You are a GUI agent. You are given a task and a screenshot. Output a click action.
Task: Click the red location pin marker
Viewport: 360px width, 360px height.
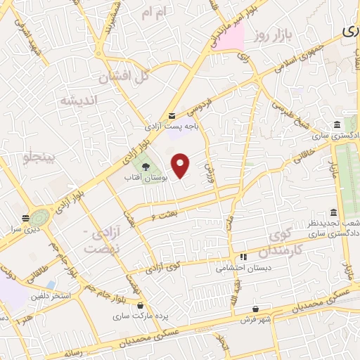click(181, 166)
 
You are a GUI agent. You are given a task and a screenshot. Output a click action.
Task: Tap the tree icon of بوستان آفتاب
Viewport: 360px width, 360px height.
click(145, 167)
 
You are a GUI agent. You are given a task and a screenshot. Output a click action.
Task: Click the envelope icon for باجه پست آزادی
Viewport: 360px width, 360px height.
click(172, 116)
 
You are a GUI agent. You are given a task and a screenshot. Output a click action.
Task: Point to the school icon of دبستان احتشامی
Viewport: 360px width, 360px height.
click(244, 257)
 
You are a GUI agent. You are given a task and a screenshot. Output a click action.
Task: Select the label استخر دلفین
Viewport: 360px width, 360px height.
click(51, 296)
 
